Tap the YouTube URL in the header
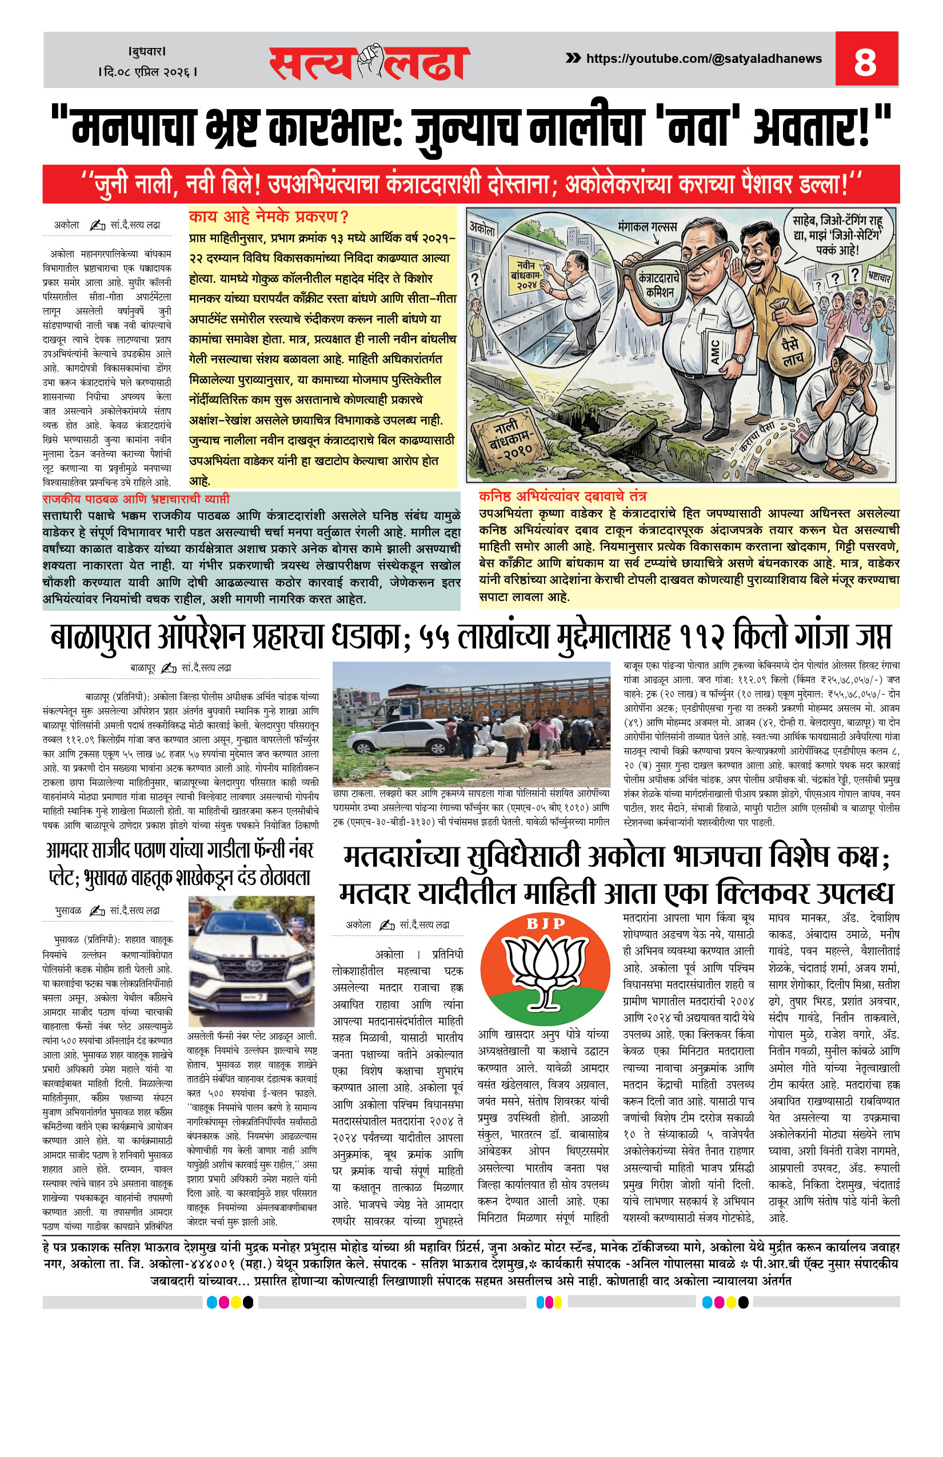[704, 59]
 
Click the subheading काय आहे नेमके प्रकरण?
[269, 217]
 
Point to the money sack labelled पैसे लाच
[792, 350]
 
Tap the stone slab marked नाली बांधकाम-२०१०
[507, 439]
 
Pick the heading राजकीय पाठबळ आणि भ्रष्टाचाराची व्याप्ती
[136, 499]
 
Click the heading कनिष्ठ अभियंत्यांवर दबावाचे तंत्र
[562, 497]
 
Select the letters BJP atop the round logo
[546, 924]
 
